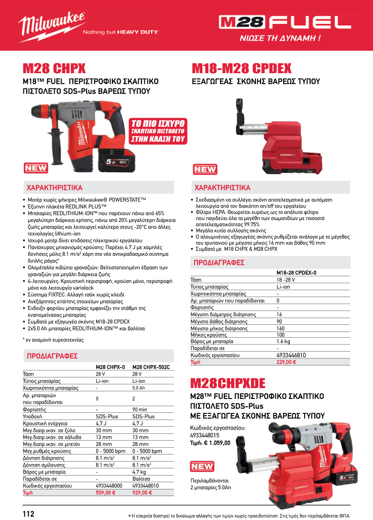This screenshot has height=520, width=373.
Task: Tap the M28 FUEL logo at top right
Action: (x=285, y=22)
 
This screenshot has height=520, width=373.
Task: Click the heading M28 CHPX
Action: (x=54, y=68)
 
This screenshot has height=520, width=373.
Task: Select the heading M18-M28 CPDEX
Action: (x=241, y=68)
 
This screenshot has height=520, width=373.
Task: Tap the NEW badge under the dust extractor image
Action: (x=205, y=169)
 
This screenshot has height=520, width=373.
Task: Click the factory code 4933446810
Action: (x=291, y=355)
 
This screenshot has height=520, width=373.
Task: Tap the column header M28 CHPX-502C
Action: (x=151, y=367)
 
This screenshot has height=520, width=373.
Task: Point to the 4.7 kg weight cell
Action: (x=139, y=472)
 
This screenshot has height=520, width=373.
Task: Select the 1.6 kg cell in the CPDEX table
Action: (x=283, y=342)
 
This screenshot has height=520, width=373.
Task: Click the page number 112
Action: (x=29, y=514)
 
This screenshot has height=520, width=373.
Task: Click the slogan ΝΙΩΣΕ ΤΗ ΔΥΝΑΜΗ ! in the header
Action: (x=286, y=38)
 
